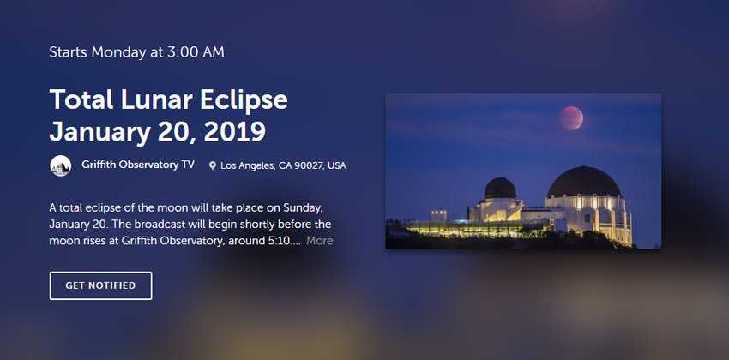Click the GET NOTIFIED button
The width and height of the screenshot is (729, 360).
click(x=100, y=285)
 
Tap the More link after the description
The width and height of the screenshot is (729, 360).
click(x=319, y=241)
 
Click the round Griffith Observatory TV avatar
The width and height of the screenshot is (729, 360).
click(x=60, y=165)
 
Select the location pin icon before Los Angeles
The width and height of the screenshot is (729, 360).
click(x=213, y=165)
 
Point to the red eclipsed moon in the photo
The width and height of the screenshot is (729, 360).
click(x=571, y=118)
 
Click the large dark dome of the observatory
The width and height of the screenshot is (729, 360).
click(x=584, y=182)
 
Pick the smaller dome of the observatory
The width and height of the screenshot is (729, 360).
click(x=500, y=189)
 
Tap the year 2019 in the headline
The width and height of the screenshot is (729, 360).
click(x=235, y=132)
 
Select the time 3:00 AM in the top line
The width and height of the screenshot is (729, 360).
click(x=196, y=52)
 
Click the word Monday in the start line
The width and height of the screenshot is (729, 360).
click(x=118, y=52)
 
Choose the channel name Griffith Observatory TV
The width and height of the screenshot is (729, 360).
click(x=138, y=165)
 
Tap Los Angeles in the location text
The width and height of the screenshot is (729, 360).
click(x=247, y=165)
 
